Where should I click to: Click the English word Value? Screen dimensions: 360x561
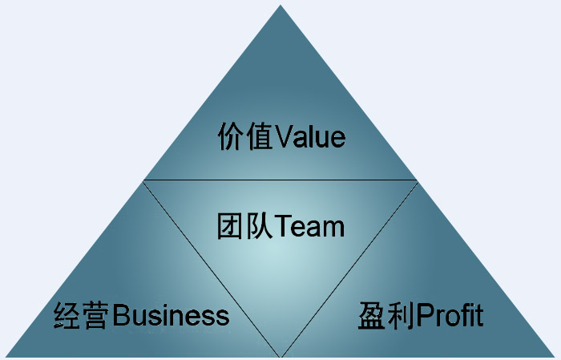[x=309, y=137]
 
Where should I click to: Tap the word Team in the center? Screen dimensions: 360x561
[x=309, y=226]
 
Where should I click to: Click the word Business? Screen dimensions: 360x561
[x=171, y=315]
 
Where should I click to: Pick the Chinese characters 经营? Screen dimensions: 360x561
[x=82, y=315]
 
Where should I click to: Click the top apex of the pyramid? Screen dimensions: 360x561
[x=280, y=6]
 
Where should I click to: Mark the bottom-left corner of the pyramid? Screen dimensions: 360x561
[x=5, y=355]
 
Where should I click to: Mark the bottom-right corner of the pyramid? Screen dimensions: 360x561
[x=556, y=355]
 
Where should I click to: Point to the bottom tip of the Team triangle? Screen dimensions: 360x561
[x=280, y=355]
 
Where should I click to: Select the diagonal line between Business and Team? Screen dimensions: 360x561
[x=212, y=268]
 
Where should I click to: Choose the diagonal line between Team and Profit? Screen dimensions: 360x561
[x=349, y=268]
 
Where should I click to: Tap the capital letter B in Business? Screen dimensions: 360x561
[x=121, y=315]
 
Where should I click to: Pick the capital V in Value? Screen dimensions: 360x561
[x=282, y=137]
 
